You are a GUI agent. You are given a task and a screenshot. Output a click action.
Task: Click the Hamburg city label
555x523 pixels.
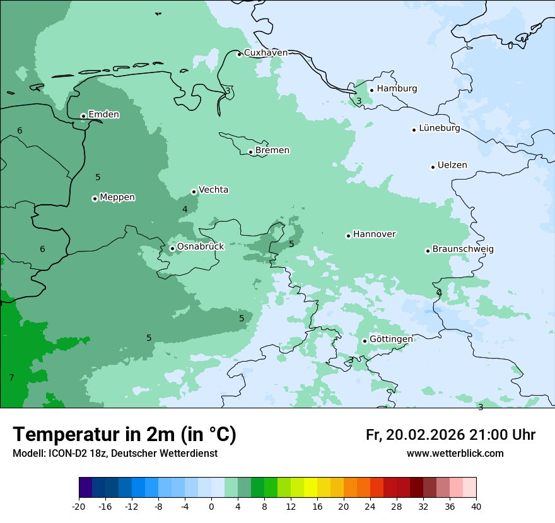[x=397, y=89]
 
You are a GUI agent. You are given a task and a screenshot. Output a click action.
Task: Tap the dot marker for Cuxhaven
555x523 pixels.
[x=239, y=54]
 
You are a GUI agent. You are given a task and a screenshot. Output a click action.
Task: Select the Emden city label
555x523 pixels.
[x=103, y=115]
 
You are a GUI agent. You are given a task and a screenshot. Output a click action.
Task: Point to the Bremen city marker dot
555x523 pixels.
[x=250, y=152]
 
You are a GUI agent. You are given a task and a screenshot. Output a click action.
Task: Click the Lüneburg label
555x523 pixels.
[x=439, y=129]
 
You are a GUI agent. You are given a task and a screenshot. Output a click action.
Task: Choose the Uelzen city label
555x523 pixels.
[x=452, y=165]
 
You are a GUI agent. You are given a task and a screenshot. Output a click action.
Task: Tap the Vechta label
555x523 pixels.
[x=213, y=190]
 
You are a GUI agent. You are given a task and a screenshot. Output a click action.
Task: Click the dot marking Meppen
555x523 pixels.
[x=95, y=198]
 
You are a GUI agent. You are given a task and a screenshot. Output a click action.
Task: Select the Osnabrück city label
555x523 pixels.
[x=201, y=246]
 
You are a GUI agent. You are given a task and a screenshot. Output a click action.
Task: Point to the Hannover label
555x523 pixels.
[x=374, y=234]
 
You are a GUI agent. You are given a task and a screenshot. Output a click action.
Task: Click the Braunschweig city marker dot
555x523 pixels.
[x=428, y=251]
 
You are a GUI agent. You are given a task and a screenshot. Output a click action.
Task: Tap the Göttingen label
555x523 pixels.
[x=391, y=339]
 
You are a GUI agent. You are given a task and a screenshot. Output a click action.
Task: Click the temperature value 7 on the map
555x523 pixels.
[x=11, y=377]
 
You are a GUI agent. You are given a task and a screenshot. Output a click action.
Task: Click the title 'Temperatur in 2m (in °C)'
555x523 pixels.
[x=125, y=435]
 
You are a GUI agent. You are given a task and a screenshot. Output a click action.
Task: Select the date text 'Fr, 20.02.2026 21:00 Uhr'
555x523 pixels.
[x=450, y=435]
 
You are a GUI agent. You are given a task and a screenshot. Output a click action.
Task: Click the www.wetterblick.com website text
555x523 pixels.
[x=455, y=454]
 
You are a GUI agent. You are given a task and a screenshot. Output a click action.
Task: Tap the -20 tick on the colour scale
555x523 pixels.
[x=79, y=506]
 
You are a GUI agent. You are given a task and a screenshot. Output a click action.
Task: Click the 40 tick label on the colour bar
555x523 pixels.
[x=476, y=506]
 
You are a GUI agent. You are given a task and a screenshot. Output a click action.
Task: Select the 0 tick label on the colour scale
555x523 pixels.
[x=211, y=506]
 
